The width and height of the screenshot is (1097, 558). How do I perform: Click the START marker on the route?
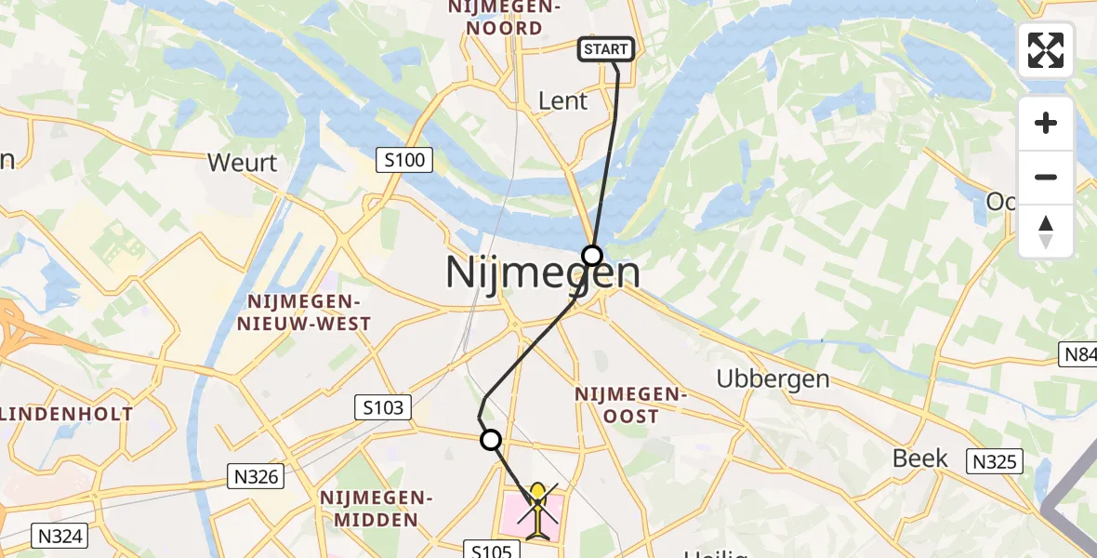point(606,49)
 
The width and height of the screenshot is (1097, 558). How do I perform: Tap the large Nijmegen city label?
point(542,273)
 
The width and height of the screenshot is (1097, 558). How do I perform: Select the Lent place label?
point(563,100)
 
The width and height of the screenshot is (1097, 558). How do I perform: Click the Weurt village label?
point(243,163)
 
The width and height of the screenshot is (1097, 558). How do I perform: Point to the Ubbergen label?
point(773,379)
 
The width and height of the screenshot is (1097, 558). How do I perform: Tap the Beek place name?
point(919,458)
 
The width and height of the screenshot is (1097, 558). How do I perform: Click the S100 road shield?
point(405,160)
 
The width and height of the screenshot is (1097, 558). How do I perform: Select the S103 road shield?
point(380,406)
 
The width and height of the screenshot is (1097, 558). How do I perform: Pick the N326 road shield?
point(255,477)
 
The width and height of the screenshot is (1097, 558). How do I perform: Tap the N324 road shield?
point(60,535)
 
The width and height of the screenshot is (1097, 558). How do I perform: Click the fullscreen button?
point(1046,50)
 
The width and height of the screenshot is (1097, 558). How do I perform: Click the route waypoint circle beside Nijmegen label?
point(592,255)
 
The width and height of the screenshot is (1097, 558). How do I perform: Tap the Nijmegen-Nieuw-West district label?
point(309,313)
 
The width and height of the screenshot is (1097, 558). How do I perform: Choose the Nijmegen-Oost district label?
point(629,405)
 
